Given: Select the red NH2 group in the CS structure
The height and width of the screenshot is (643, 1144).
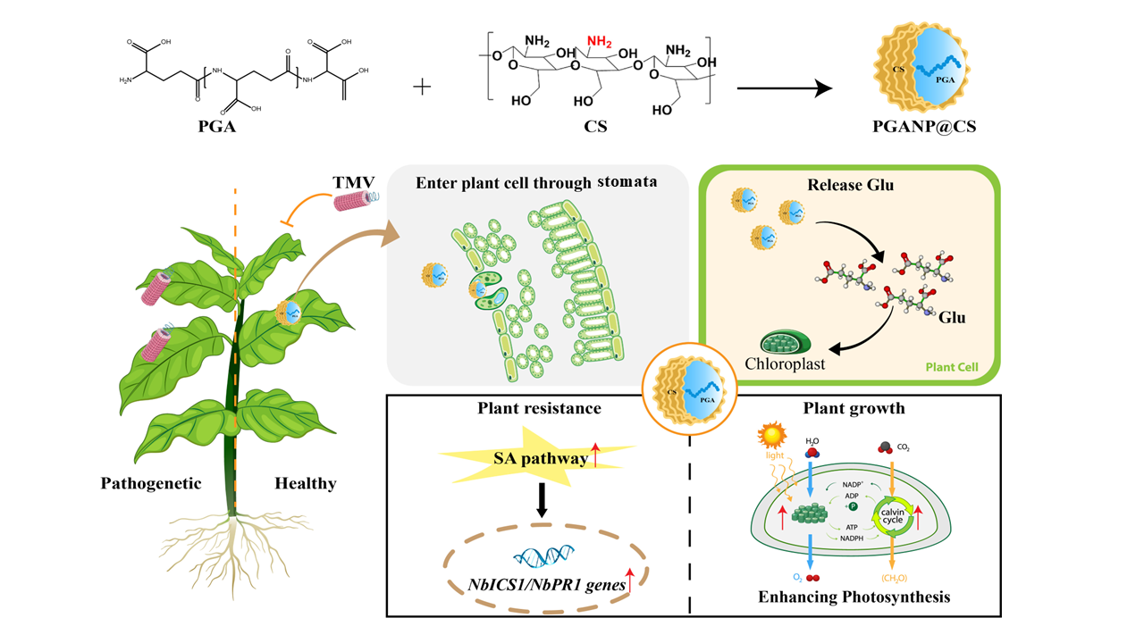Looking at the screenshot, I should (x=600, y=40).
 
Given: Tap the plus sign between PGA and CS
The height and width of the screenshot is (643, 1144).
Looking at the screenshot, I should (x=422, y=87).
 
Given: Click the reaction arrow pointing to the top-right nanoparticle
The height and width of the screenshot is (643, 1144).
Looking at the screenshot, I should (x=784, y=88).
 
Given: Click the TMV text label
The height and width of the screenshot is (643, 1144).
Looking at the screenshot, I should (x=354, y=182).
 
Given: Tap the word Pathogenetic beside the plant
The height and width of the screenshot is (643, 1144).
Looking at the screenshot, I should (x=151, y=483).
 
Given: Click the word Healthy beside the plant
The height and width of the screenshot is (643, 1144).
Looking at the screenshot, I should (x=306, y=483).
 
